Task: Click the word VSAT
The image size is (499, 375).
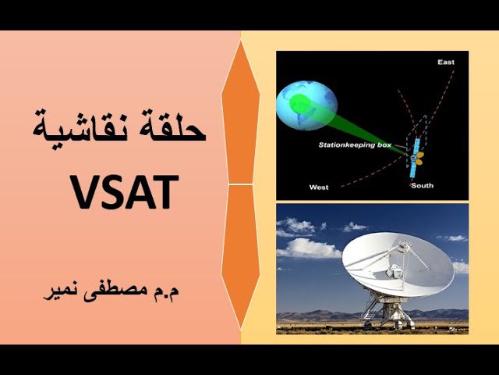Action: pyautogui.click(x=125, y=192)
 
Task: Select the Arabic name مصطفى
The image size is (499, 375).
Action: pyautogui.click(x=114, y=292)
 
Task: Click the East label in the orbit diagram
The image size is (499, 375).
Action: pyautogui.click(x=446, y=62)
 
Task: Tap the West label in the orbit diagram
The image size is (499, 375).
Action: pyautogui.click(x=319, y=187)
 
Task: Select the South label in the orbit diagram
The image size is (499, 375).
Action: pyautogui.click(x=423, y=186)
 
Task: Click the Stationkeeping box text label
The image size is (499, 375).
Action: pyautogui.click(x=355, y=145)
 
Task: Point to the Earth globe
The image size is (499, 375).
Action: pyautogui.click(x=306, y=105)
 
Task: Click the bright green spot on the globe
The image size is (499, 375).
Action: pyautogui.click(x=300, y=103)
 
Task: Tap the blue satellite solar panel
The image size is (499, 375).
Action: pyautogui.click(x=414, y=158)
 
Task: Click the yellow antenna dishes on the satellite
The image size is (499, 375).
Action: pyautogui.click(x=419, y=159)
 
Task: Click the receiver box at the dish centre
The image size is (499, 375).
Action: pyautogui.click(x=395, y=270)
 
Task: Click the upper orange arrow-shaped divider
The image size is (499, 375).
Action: pyautogui.click(x=241, y=112)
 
